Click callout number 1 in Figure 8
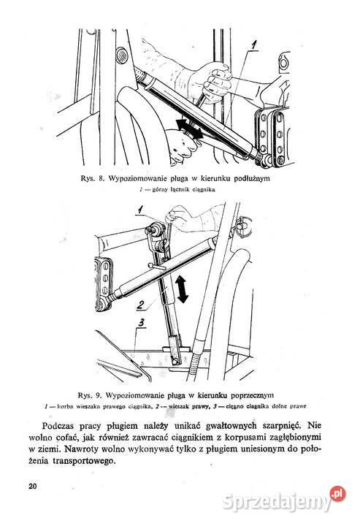coord(253,46)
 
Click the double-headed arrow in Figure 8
coord(190,129)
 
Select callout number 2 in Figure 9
coord(141,305)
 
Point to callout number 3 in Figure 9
coord(142,323)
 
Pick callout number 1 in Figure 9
coord(140,210)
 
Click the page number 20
coord(33,486)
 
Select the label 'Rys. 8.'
coord(93,178)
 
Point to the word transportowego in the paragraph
coord(84,461)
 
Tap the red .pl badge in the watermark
coord(337,494)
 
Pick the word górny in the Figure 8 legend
coord(159,190)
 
